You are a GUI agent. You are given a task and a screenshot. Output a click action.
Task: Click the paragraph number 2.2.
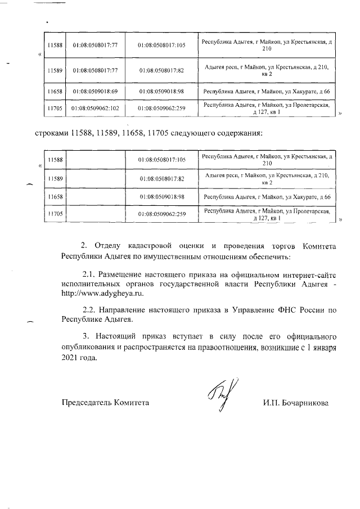pyautogui.click(x=90, y=310)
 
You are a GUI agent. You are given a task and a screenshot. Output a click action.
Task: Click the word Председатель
pyautogui.click(x=86, y=403)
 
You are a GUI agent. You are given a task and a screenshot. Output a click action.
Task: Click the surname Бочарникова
pyautogui.click(x=304, y=403)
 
